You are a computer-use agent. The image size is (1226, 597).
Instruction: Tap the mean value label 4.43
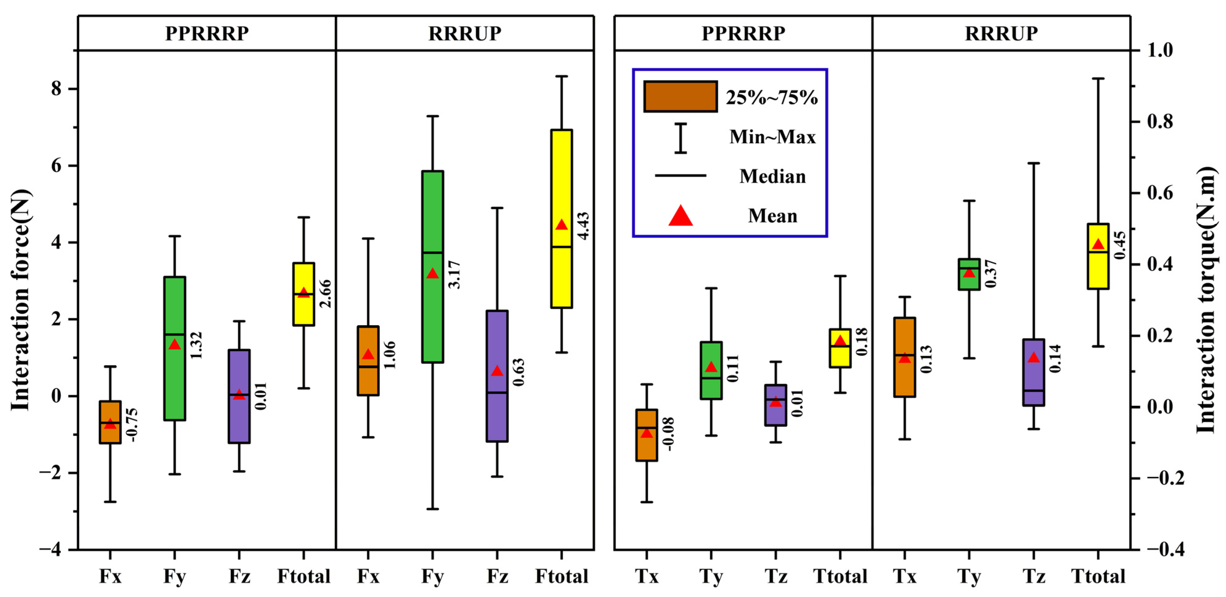pyautogui.click(x=583, y=226)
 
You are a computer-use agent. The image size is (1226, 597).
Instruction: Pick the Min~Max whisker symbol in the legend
pyautogui.click(x=681, y=138)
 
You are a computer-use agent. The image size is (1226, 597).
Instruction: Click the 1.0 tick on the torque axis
pyautogui.click(x=1160, y=50)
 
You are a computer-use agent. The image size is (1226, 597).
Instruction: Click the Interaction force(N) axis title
pyautogui.click(x=20, y=300)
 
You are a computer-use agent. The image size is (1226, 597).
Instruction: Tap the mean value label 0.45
pyautogui.click(x=1120, y=245)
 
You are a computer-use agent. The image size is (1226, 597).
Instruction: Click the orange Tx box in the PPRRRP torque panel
pyautogui.click(x=646, y=435)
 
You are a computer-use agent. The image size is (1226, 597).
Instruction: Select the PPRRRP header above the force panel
pyautogui.click(x=206, y=33)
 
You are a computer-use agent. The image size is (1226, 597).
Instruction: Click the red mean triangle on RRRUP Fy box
pyautogui.click(x=432, y=273)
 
